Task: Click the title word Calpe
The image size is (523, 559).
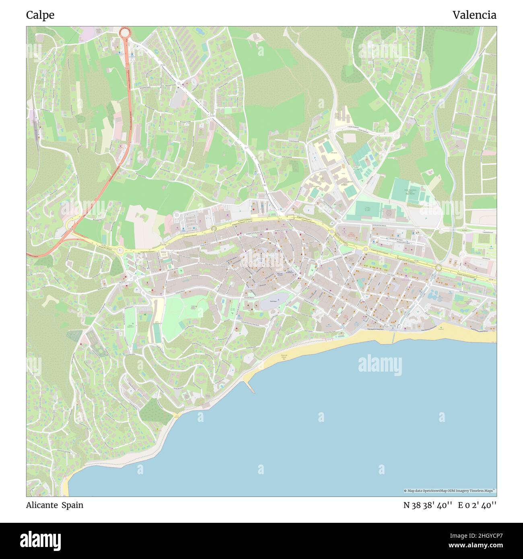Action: (40, 15)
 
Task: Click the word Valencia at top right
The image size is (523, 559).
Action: (474, 15)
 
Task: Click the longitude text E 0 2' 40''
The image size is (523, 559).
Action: (477, 505)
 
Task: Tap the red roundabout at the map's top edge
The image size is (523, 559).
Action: (125, 32)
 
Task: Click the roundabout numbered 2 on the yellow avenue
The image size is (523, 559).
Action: (120, 250)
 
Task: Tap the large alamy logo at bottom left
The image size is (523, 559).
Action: (41, 540)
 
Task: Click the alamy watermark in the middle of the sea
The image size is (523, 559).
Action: (380, 365)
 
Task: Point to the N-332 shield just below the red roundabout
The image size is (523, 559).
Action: (127, 68)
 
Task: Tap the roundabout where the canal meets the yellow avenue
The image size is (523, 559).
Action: (439, 268)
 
